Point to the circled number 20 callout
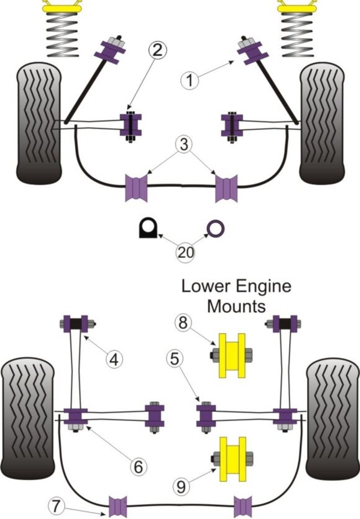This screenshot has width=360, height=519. pos(185,252)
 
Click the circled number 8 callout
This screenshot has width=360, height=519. pos(183,323)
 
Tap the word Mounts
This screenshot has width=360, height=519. pos(237,306)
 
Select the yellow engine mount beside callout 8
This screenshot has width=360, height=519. pos(232,355)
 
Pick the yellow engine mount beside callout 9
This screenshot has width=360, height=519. pos(233,459)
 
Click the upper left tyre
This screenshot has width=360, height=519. pos(39,123)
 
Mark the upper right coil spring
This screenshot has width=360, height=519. pos(297,35)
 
